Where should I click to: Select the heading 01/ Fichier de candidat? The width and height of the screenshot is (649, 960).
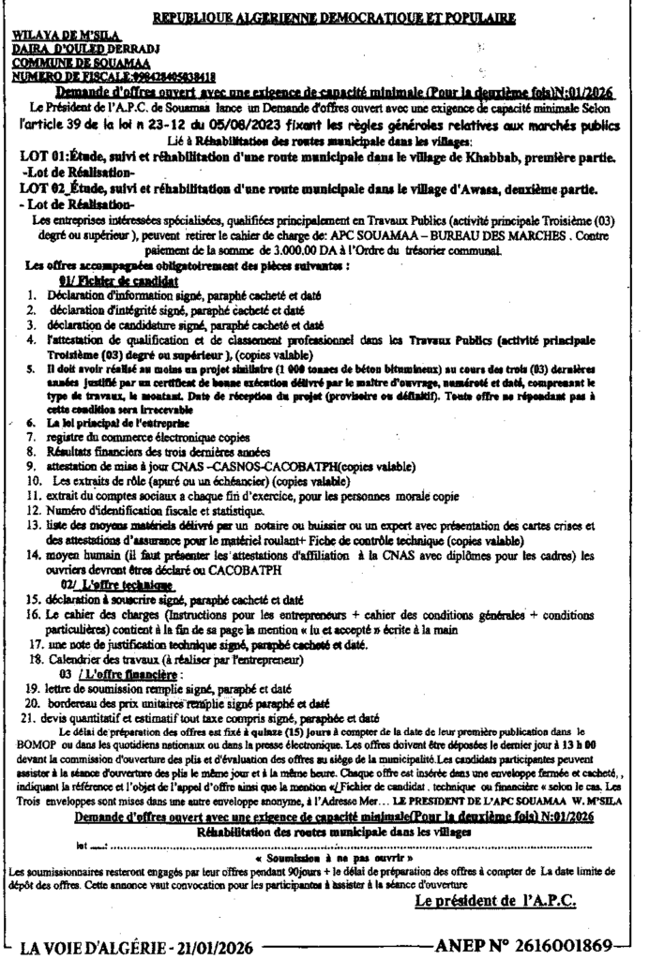(x=118, y=280)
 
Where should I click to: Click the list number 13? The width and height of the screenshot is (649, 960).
(x=31, y=528)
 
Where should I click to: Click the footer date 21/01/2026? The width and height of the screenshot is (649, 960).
(x=204, y=944)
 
